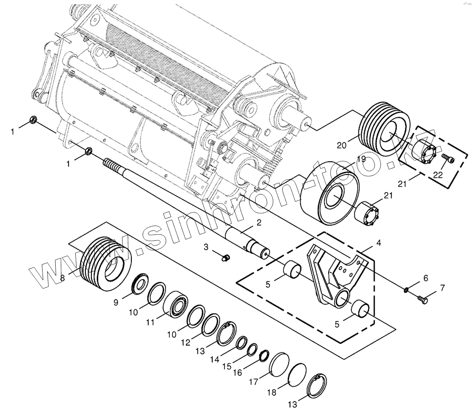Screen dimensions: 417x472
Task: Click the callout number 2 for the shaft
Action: click(259, 222)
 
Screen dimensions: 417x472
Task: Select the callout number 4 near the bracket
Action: click(378, 243)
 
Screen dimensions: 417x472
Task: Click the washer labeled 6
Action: click(406, 290)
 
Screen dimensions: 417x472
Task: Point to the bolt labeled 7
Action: click(422, 299)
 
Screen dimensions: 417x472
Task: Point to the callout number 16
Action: click(237, 372)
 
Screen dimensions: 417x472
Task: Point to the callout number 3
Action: click(205, 246)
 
